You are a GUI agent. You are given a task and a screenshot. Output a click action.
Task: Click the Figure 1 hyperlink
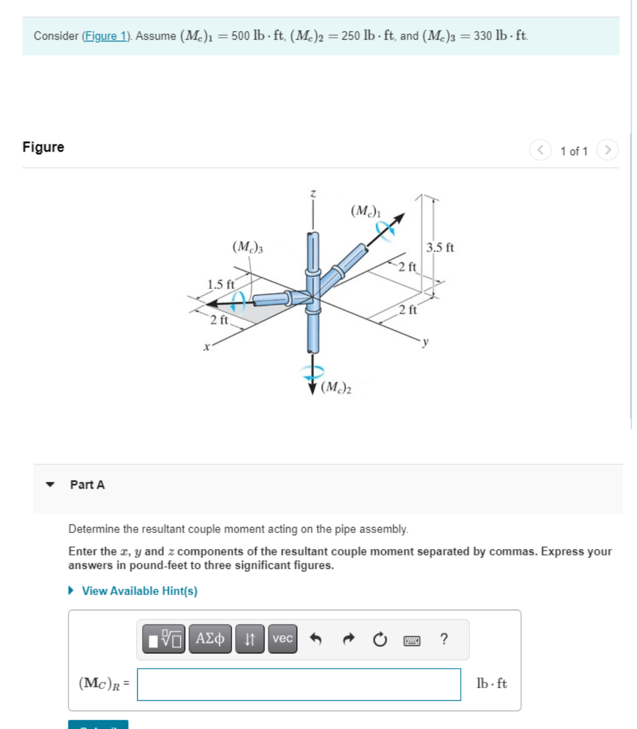(106, 36)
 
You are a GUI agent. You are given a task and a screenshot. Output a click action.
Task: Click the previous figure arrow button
(540, 150)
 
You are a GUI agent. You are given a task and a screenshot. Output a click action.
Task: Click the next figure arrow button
(608, 150)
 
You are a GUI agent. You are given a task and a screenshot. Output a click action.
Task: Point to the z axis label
(313, 193)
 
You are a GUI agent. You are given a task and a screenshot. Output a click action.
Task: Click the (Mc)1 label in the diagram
(366, 211)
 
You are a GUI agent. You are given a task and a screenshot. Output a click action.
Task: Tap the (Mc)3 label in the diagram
(248, 247)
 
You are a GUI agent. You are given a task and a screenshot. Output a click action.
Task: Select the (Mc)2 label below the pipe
(336, 388)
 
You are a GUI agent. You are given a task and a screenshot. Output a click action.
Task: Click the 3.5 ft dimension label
(440, 248)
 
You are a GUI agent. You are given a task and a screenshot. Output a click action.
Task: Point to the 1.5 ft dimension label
(220, 284)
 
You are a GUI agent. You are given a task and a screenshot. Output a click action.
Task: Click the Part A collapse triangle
(51, 485)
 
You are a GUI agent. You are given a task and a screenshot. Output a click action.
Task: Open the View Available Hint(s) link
(139, 591)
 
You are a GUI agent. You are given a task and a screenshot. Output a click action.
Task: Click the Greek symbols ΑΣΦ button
(210, 639)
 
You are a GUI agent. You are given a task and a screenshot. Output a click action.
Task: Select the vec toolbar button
(283, 639)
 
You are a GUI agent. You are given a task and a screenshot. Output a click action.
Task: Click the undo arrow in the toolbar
(316, 639)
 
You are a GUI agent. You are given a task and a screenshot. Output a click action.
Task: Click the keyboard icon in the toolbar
(412, 640)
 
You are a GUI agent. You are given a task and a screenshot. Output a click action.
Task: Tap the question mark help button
(444, 639)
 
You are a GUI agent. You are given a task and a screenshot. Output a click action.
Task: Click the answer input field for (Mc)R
(299, 684)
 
